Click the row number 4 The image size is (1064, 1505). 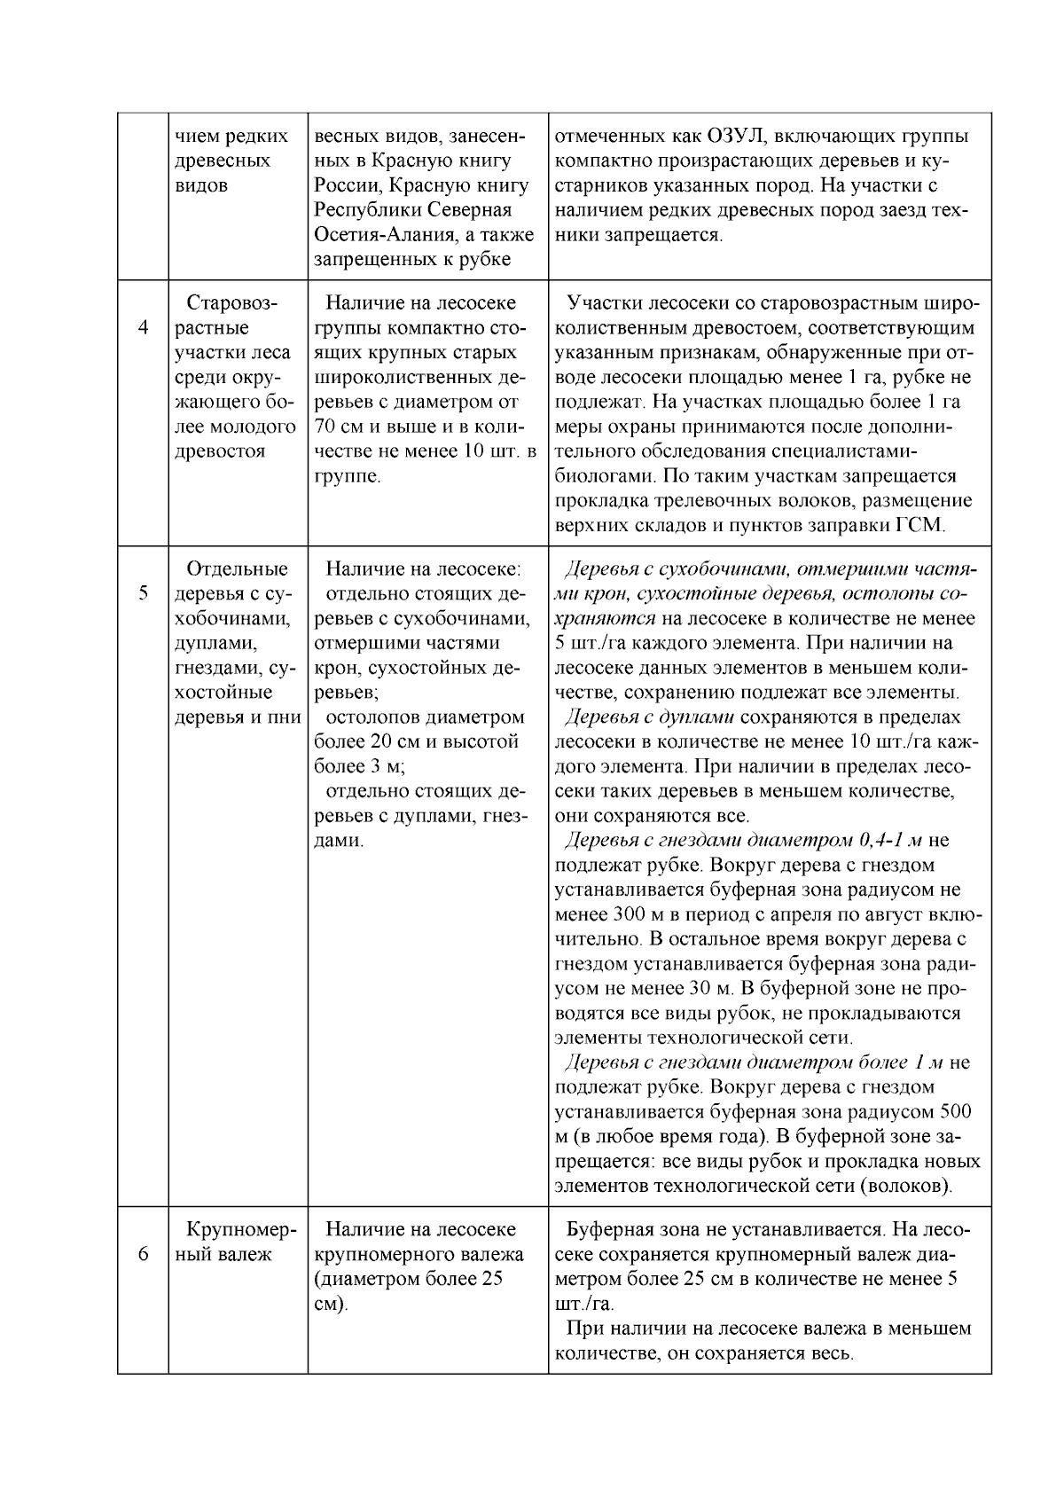pos(144,327)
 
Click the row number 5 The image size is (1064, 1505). pos(144,592)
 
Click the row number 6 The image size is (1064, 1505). pos(144,1254)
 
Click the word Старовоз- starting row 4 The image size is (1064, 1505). pos(232,303)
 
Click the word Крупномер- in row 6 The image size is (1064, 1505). pos(240,1229)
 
